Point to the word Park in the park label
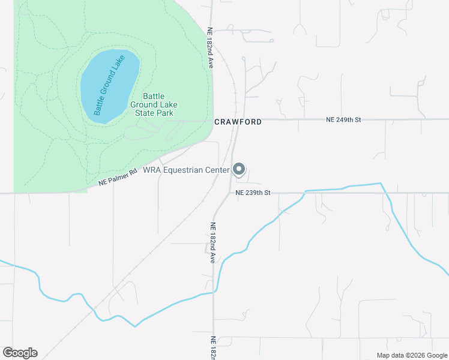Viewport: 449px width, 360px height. (165, 113)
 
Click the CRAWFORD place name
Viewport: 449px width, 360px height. (238, 122)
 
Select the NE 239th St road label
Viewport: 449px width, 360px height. (254, 193)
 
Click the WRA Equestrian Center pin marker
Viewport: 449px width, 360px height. (239, 169)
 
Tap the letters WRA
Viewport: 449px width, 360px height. (152, 170)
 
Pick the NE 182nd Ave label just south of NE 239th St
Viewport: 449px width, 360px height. (212, 243)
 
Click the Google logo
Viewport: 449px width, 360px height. (20, 353)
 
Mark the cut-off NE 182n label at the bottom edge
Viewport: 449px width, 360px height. (212, 348)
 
